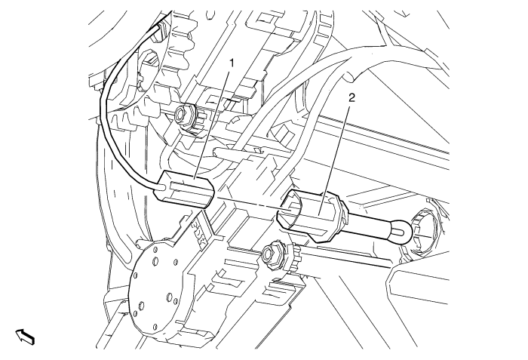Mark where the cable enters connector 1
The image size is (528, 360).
coord(161,183)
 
